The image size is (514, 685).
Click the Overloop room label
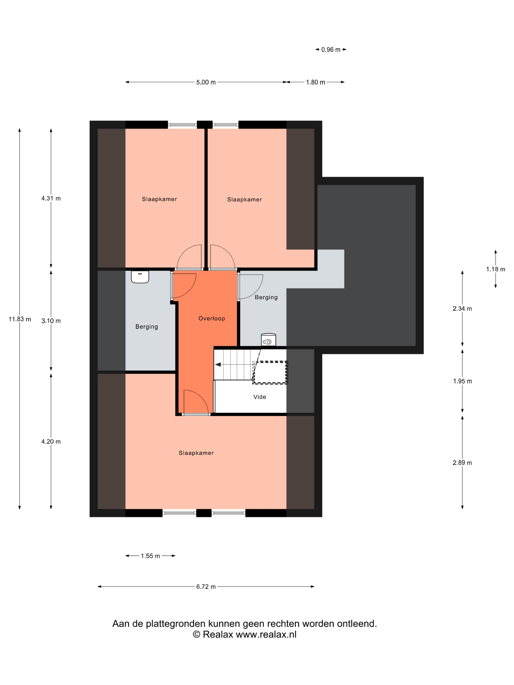point(212,318)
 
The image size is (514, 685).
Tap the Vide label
point(260,397)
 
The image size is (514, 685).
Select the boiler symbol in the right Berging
point(268,340)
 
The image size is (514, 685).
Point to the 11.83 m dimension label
point(20,319)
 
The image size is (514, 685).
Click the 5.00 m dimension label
point(206,82)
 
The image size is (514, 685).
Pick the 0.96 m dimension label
point(331,50)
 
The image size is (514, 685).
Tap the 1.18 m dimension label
point(495,269)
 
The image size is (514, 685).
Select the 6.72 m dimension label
point(206,586)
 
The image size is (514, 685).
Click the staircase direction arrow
point(218,365)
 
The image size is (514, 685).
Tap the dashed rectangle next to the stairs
point(270,373)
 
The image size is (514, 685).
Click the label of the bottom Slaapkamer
point(196,453)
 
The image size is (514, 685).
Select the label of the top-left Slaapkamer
point(159,199)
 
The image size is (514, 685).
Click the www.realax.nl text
point(266,635)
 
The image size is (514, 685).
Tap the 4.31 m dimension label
point(51,198)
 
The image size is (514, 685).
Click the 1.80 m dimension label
point(315,82)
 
